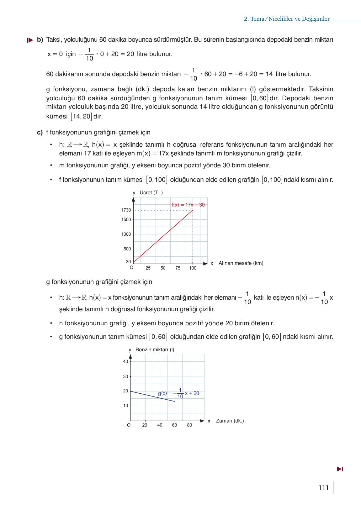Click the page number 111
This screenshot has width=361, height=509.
tap(323, 488)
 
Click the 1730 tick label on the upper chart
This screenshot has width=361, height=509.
tap(126, 210)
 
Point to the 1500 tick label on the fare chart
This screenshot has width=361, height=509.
tap(126, 220)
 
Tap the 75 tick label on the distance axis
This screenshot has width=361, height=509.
tap(178, 268)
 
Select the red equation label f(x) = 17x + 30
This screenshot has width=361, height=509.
tap(188, 205)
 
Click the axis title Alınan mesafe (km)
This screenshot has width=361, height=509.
tap(241, 263)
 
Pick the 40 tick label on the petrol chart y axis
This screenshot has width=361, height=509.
tap(125, 362)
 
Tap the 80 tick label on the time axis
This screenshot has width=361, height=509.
tap(189, 425)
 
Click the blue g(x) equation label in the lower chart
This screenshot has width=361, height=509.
tap(178, 394)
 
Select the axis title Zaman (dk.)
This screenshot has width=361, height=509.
tap(230, 421)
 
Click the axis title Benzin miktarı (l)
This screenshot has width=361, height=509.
tap(155, 350)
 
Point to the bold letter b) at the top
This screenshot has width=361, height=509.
tap(40, 40)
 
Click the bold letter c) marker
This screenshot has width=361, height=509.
tap(40, 133)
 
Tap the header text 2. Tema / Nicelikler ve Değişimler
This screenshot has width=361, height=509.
tap(287, 19)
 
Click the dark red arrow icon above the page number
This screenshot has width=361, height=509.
tap(340, 469)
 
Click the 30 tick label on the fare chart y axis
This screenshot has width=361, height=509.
tap(128, 262)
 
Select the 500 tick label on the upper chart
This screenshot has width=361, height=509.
tap(127, 249)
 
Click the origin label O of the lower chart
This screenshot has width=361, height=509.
tap(129, 425)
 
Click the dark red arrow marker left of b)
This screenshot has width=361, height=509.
tap(30, 40)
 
